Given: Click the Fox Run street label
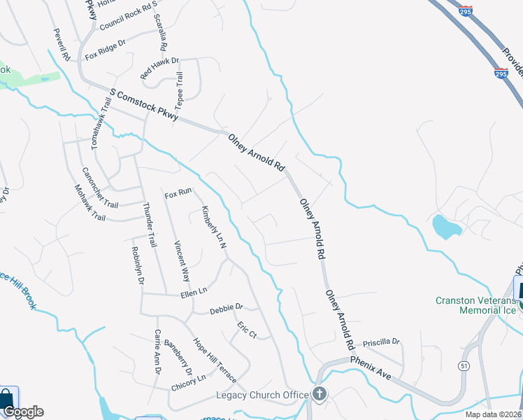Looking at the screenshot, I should pyautogui.click(x=178, y=192).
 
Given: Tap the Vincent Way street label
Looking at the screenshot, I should pyautogui.click(x=182, y=260).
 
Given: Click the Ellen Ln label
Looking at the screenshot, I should pyautogui.click(x=194, y=290).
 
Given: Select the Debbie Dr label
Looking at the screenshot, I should pyautogui.click(x=226, y=307).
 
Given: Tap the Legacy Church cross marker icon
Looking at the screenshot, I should pyautogui.click(x=320, y=393).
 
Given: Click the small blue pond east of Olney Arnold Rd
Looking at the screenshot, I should pyautogui.click(x=445, y=227).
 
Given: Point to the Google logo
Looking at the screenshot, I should pyautogui.click(x=22, y=412).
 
